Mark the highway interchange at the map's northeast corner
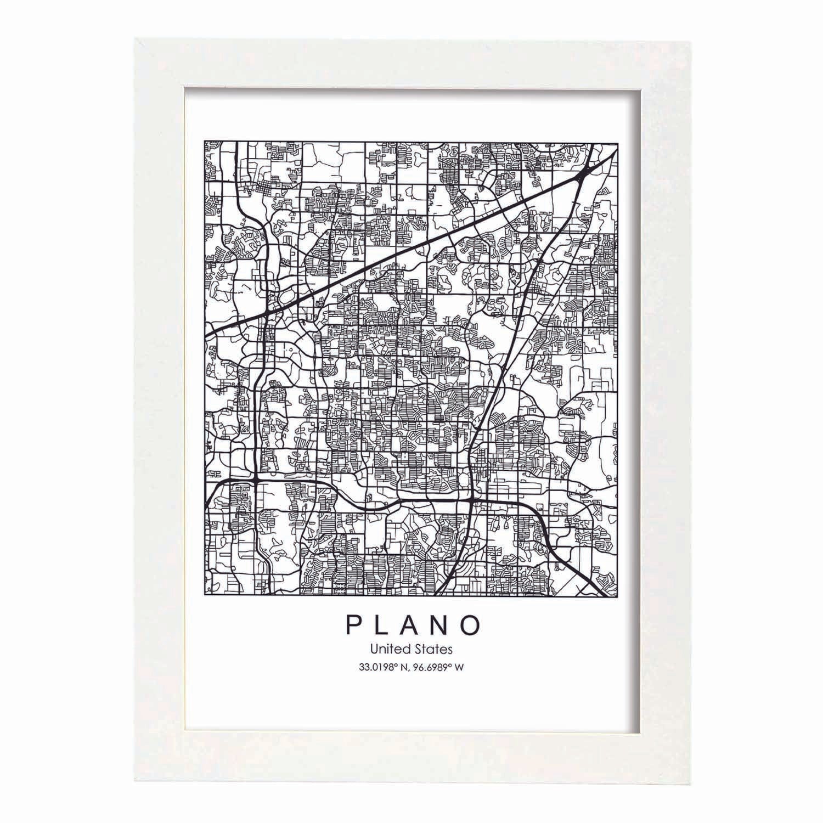(x=584, y=173)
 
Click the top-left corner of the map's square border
(x=205, y=140)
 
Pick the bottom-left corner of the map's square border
(x=205, y=596)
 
